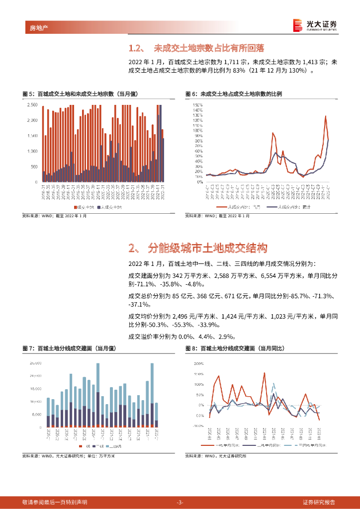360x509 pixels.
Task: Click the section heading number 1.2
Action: pos(136,48)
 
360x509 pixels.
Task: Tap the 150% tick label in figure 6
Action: pos(197,105)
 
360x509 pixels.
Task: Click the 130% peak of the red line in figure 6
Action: pos(325,116)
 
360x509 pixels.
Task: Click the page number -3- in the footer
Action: pos(180,502)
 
